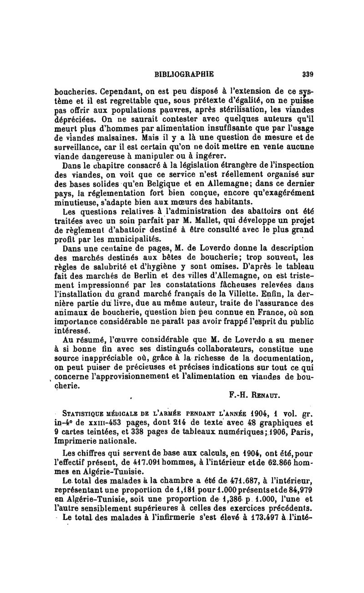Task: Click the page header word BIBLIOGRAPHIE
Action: (184, 73)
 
